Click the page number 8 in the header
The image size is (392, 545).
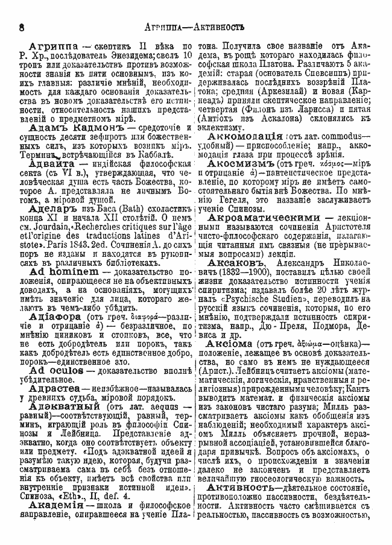click(x=21, y=27)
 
